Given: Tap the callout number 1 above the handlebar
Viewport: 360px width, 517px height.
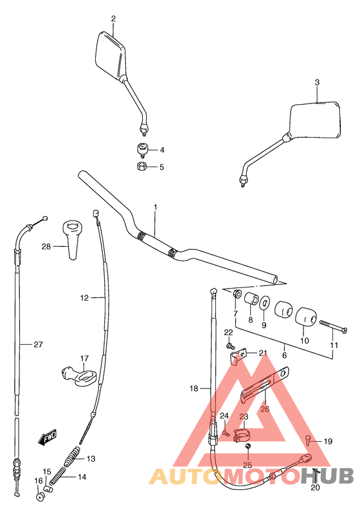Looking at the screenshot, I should coord(155,206).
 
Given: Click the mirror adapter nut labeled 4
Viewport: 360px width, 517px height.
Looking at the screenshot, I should coord(143,150).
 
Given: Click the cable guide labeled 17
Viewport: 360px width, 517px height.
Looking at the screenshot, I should coord(78,376).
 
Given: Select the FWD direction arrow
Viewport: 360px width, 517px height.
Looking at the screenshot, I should coord(47,439).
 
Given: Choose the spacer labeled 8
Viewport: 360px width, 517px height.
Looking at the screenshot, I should coord(251,302).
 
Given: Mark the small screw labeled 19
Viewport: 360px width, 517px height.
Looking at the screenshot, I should coord(309,441).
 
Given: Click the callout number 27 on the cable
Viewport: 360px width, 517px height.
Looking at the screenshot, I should coord(38,345).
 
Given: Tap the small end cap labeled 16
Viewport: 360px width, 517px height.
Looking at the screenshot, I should coord(40,495).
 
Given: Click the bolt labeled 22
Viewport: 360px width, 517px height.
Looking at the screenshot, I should coord(230,345).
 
